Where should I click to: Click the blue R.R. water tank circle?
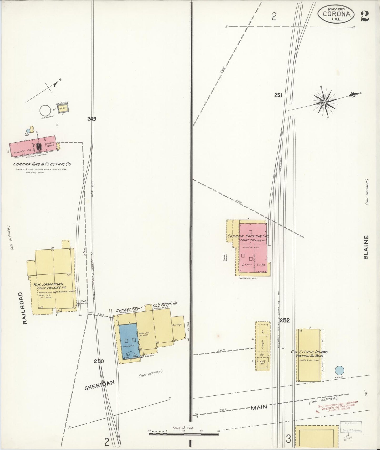340,371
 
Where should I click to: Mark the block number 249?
92,119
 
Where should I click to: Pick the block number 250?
99,361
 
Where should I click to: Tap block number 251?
278,96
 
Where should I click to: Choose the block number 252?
285,320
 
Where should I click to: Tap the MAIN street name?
259,407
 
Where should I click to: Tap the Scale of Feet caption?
183,428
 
